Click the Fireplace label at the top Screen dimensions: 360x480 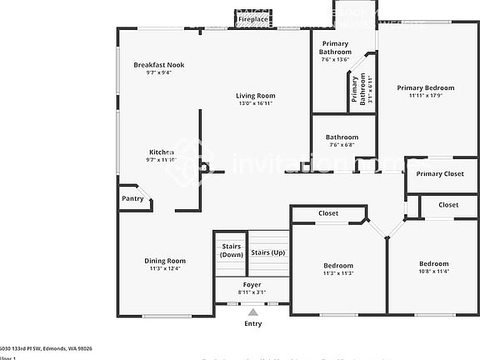(252, 18)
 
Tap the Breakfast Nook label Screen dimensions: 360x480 (159, 65)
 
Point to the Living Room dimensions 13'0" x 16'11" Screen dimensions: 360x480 (255, 104)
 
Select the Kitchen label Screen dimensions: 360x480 (161, 152)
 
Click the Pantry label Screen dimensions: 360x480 (132, 198)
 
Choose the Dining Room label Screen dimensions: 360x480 (165, 261)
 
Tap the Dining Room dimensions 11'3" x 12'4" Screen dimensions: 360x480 (165, 269)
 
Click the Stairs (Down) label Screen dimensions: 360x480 (232, 250)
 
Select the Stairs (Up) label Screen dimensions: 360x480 (267, 252)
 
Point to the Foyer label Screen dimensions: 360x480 (252, 285)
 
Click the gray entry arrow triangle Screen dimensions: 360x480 (252, 312)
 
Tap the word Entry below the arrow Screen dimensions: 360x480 (252, 323)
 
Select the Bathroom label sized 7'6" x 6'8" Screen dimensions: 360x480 (342, 137)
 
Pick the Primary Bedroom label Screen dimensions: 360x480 (425, 87)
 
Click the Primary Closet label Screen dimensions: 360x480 (440, 174)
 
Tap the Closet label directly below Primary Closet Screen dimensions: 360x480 (448, 204)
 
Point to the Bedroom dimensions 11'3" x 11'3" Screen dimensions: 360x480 (338, 273)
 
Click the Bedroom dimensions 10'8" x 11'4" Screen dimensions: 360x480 (433, 271)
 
